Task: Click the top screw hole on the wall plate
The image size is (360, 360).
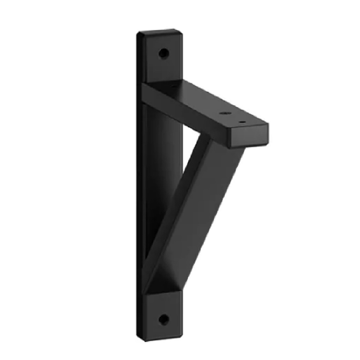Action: click(164, 54)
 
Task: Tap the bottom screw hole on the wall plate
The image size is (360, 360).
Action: click(164, 319)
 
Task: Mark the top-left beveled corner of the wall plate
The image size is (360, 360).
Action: click(139, 34)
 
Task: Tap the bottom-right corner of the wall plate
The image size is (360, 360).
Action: click(182, 333)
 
